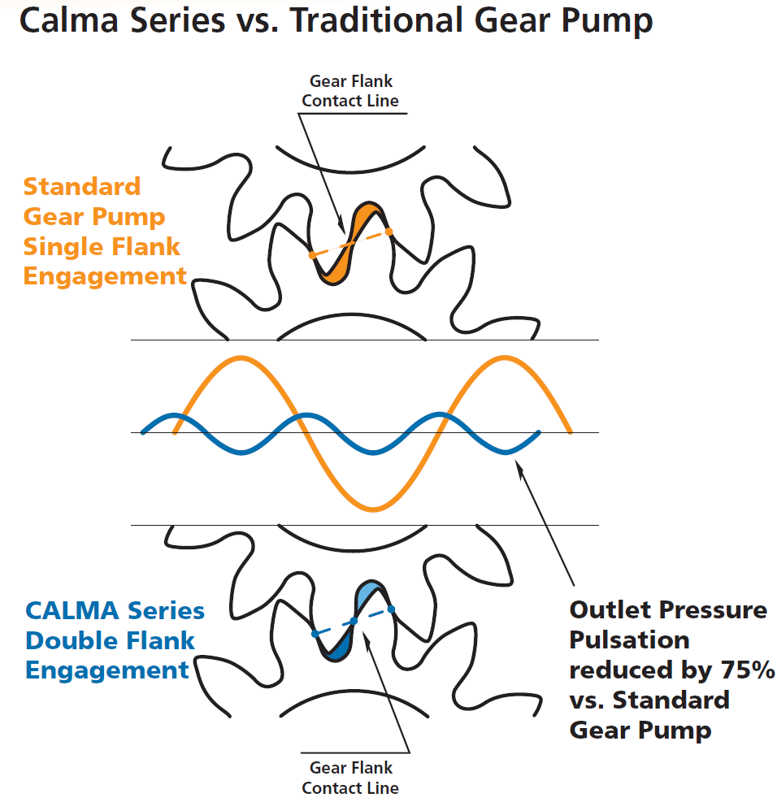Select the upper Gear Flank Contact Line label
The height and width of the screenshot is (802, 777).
350,91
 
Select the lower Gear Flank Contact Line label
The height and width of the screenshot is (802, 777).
350,778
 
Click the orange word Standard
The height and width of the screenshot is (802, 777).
81,186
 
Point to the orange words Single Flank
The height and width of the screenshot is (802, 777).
102,246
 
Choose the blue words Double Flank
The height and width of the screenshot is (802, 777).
110,640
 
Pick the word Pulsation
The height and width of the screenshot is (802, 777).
629,639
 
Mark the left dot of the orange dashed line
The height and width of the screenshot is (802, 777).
312,255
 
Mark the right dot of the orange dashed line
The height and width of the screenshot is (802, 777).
389,232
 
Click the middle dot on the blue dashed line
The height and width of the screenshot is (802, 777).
354,622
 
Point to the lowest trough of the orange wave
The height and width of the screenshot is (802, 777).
373,509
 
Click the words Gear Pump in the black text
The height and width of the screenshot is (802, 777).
640,729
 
